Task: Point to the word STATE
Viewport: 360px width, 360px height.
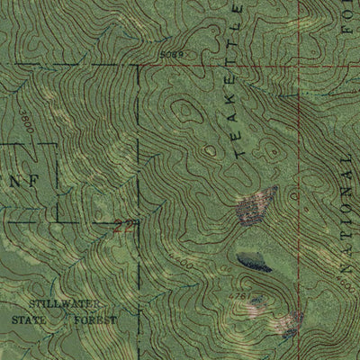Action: point(29,319)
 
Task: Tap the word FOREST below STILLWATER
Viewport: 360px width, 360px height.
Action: point(97,319)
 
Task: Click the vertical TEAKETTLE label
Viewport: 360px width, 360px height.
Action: point(238,81)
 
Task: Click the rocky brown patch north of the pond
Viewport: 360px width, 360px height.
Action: point(255,206)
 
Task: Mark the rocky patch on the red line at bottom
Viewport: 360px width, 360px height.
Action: point(291,321)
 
